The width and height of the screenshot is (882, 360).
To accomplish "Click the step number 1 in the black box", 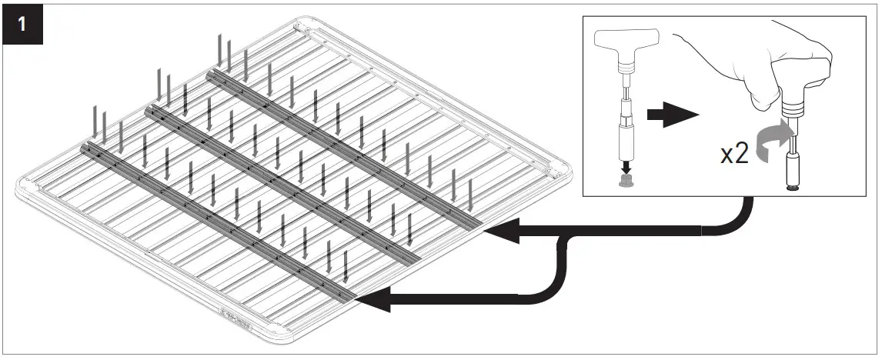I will pos(23,23).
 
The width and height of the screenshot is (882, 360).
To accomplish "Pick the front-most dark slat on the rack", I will pos(215,219).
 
